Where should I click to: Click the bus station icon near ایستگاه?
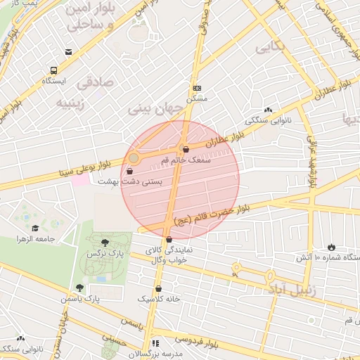pyautogui.click(x=53, y=71)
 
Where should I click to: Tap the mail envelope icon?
pyautogui.click(x=68, y=52)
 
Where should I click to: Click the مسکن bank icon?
pyautogui.click(x=198, y=89)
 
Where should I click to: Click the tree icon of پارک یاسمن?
pyautogui.click(x=79, y=288)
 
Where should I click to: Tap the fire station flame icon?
pyautogui.click(x=331, y=247)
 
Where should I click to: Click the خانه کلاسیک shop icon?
pyautogui.click(x=159, y=288)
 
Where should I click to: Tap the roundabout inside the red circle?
pyautogui.click(x=134, y=159)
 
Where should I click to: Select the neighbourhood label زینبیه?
pyautogui.click(x=70, y=104)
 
